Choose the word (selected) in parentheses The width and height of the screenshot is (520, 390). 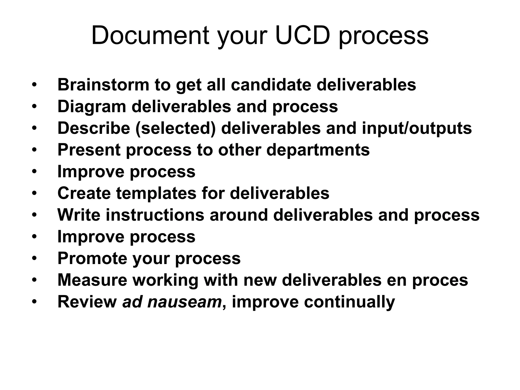pos(175,128)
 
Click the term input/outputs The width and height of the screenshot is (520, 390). pos(417,128)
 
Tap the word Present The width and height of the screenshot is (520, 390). pos(89,150)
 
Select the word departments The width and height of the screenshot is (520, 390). pos(318,150)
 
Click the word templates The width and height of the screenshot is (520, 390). pos(156,193)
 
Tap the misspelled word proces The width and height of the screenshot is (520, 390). pos(440,280)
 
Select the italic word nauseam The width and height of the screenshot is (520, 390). pos(184,302)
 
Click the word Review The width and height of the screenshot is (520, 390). pos(87,302)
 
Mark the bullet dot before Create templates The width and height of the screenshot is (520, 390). pos(34,193)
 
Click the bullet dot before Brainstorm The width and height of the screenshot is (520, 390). pos(34,85)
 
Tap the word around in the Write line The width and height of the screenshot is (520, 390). pos(239,215)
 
